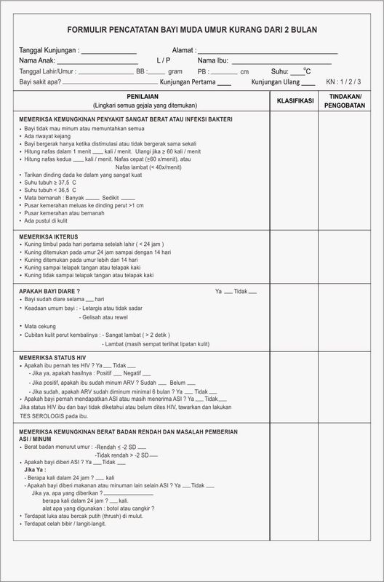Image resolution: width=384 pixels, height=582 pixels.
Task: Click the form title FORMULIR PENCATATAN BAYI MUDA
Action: (x=191, y=31)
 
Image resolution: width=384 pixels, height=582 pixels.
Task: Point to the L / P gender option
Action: (x=164, y=60)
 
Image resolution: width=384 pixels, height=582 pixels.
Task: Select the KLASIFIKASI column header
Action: (x=295, y=100)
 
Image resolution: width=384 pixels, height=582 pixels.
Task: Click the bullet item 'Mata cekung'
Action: (x=39, y=326)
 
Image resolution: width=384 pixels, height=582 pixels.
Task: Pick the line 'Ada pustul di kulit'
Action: (x=49, y=220)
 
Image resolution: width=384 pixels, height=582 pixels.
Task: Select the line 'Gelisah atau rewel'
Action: (x=128, y=317)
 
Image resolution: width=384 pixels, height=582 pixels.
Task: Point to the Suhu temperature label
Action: (x=279, y=72)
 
